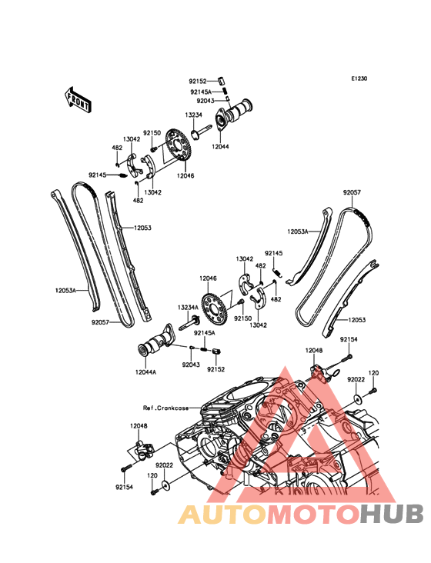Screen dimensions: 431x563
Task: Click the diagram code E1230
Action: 359,78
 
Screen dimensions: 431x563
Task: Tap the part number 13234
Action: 193,115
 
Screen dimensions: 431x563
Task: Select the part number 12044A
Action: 145,372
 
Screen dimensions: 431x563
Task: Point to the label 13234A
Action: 188,308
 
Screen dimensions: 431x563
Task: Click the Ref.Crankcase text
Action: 165,408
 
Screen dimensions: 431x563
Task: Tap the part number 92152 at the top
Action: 198,82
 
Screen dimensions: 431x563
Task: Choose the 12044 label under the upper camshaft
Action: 220,146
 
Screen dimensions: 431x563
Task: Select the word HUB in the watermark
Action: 392,515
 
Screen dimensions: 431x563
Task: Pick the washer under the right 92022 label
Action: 356,398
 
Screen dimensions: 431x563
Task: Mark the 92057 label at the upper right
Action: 352,192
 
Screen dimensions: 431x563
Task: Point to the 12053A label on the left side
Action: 65,290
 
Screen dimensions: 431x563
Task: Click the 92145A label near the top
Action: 201,92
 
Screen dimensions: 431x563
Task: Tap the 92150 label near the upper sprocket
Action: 152,133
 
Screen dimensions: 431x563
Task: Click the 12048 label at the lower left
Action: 139,426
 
